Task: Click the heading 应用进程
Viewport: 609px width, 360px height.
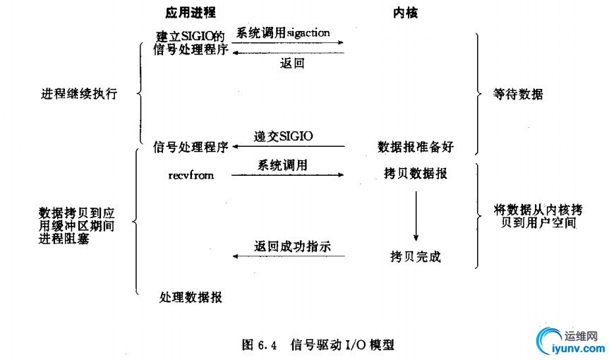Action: [x=191, y=13]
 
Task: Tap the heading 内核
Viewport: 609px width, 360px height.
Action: [x=405, y=13]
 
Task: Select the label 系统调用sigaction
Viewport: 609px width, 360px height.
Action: [x=283, y=33]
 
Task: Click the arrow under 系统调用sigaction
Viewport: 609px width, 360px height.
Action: [x=288, y=42]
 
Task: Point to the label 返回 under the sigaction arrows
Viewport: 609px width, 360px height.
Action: [x=292, y=63]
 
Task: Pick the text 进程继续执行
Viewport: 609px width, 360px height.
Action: [x=79, y=94]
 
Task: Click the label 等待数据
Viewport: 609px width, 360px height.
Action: [x=518, y=94]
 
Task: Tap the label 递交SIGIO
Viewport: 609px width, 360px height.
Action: [x=283, y=136]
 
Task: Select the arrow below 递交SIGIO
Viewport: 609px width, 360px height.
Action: [x=289, y=146]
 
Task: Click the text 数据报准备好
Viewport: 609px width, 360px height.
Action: [x=416, y=147]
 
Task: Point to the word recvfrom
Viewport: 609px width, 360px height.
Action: [x=191, y=175]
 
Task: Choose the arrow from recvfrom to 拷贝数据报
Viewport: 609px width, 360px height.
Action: [x=288, y=175]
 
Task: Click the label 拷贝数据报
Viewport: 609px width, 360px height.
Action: [x=416, y=173]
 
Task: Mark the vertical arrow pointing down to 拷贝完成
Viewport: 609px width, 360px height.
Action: [x=416, y=216]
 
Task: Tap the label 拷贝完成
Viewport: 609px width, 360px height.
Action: [x=416, y=256]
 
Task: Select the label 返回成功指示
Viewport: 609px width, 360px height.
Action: [x=292, y=246]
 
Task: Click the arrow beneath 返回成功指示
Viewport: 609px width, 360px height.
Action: [x=289, y=256]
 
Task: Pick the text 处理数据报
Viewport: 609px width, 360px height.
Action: [x=191, y=297]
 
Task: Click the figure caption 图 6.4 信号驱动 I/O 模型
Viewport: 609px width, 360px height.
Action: [x=318, y=344]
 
